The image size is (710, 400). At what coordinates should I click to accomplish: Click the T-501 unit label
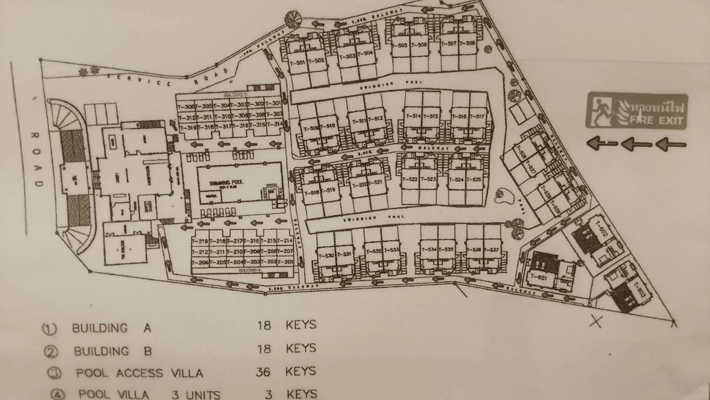[297, 63]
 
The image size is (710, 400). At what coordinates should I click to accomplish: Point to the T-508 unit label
[467, 43]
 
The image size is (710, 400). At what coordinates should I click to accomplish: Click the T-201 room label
[285, 261]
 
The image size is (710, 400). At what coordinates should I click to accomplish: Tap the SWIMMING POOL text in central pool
[226, 182]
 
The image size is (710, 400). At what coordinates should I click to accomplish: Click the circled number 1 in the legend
[49, 328]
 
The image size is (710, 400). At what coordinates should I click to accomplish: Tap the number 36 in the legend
[263, 372]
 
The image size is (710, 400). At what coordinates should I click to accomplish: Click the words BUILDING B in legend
[113, 351]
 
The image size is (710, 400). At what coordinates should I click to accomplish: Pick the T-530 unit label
[326, 256]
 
